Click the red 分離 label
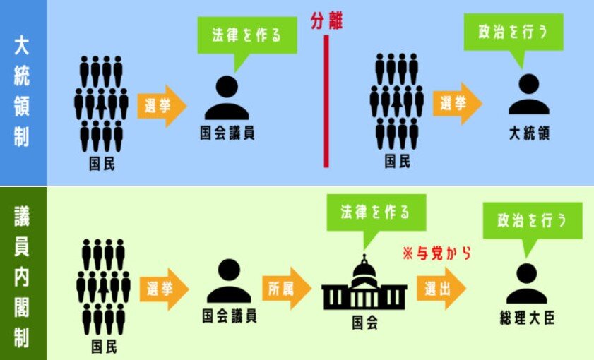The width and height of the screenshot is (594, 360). (x=326, y=22)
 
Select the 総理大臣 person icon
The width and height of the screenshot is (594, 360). (x=526, y=283)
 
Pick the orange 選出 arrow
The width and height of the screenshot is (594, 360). (x=440, y=288)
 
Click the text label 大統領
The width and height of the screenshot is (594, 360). (x=529, y=133)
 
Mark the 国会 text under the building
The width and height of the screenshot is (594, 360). (x=364, y=323)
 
